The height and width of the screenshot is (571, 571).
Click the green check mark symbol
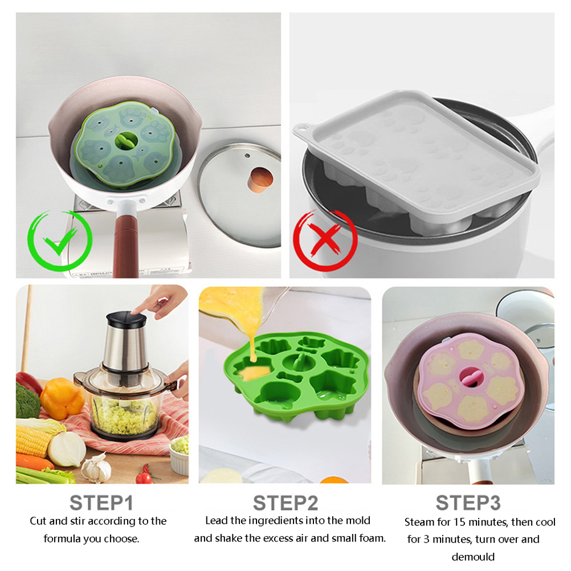point(60,241)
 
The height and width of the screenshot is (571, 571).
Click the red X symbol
point(325,240)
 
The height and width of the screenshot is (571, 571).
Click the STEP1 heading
point(101,503)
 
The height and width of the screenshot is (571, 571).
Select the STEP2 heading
point(285,503)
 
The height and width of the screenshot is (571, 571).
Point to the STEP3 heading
point(468,503)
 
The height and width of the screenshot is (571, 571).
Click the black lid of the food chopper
point(127,319)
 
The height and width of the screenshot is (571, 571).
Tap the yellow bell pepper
point(62,398)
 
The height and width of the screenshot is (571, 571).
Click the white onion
point(67,449)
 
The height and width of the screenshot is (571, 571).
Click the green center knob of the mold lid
point(127,141)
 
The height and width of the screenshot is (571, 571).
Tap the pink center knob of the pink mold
point(470,377)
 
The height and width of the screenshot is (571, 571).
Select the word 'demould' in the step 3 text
point(473,557)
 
